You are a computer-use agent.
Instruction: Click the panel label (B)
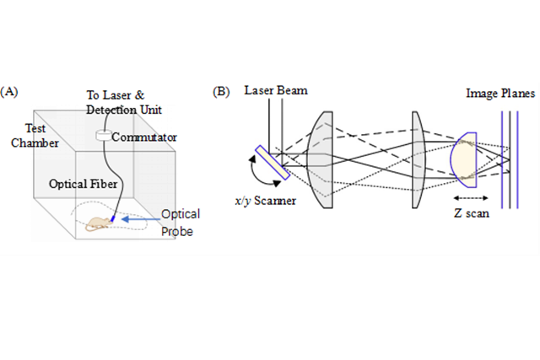222,90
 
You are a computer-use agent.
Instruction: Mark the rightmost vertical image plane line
516,160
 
